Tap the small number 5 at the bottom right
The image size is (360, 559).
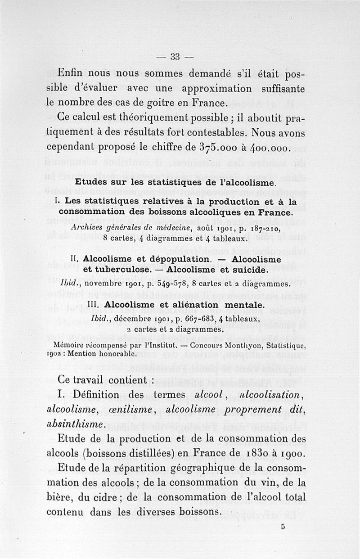(x=283, y=529)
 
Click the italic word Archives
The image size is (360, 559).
(x=88, y=228)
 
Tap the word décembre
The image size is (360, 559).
(x=130, y=318)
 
